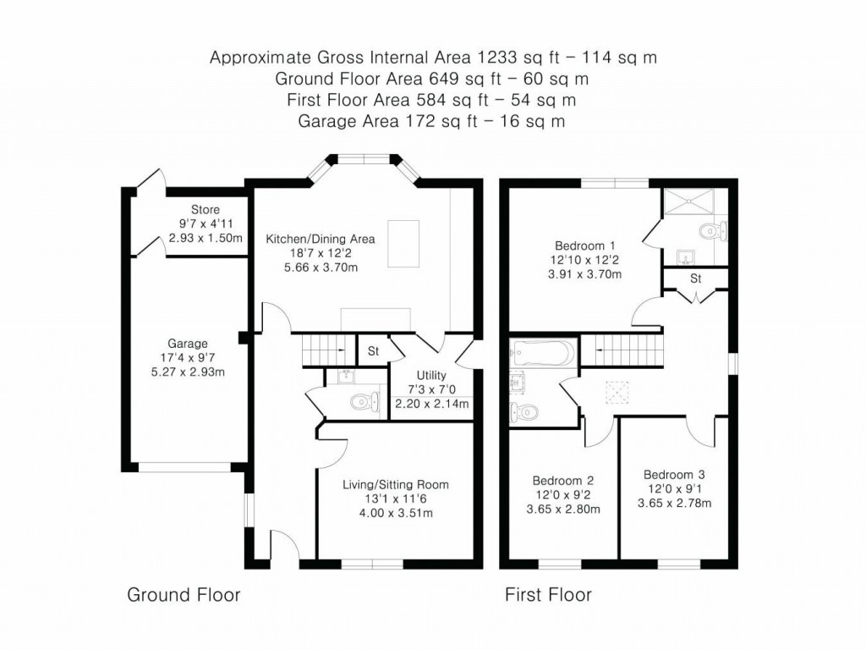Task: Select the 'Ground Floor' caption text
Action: [x=184, y=595]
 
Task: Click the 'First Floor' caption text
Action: [x=548, y=595]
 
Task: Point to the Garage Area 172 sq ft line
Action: [x=432, y=121]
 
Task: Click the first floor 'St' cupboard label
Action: [x=695, y=278]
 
